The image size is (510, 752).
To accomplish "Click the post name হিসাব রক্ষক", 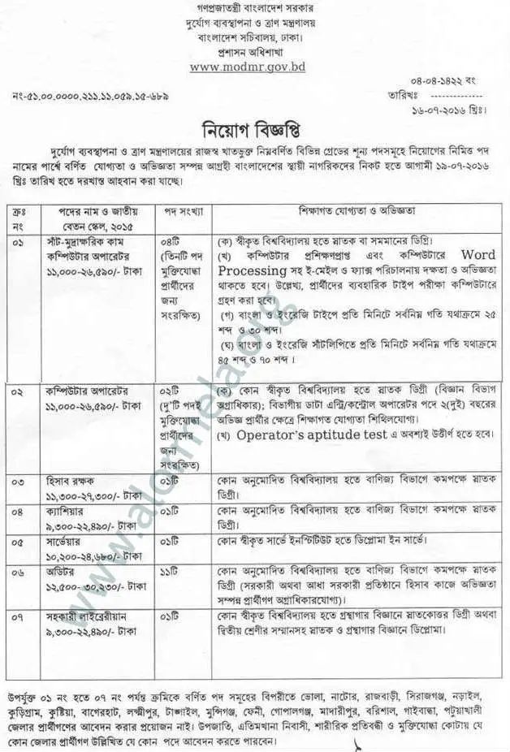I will (68, 482).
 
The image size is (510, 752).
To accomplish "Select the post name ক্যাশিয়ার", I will (63, 512).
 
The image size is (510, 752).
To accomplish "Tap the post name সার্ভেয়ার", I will (63, 541).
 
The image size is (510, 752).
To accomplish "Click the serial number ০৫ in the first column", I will (19, 541).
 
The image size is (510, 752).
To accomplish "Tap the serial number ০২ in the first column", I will (19, 391).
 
